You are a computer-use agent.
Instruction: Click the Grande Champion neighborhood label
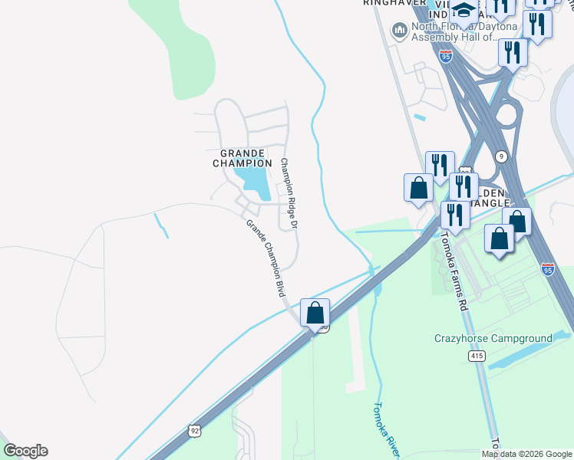pos(242,158)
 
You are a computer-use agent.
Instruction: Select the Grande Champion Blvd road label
pos(266,259)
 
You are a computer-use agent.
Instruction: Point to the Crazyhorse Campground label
pos(493,338)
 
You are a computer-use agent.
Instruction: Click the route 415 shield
pos(477,356)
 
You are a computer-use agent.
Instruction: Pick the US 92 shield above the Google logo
pos(195,432)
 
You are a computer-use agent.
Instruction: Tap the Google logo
pos(25,450)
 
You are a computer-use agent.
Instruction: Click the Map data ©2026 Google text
pos(527,454)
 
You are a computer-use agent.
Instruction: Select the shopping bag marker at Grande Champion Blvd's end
pos(315,313)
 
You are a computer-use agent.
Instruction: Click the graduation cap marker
pos(464,11)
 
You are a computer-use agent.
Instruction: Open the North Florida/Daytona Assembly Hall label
pos(464,31)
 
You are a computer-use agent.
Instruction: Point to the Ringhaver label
pos(394,3)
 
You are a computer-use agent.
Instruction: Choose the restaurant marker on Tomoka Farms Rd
pos(455,215)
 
